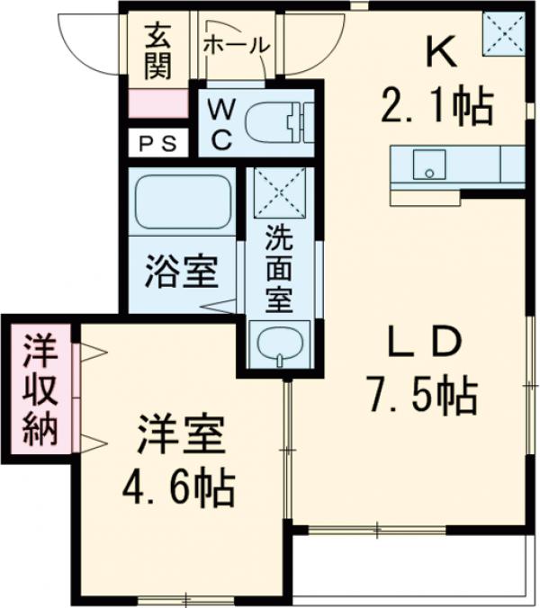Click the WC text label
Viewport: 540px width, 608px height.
coord(222,123)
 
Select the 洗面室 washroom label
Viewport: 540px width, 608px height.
coord(278,268)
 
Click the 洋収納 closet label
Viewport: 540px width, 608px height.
coord(40,391)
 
